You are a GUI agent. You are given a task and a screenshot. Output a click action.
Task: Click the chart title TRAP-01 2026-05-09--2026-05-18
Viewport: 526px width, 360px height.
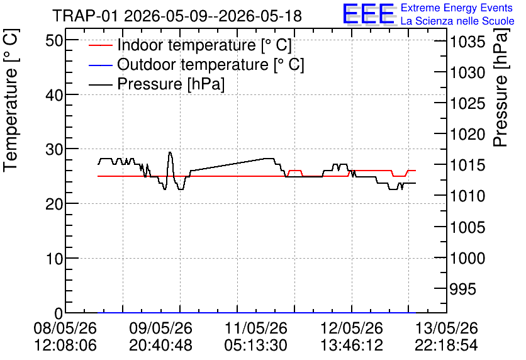coord(177,16)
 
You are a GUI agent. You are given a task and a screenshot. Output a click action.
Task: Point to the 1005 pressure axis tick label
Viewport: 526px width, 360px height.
coord(467,227)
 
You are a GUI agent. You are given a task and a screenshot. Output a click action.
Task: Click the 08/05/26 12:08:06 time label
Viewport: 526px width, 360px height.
coord(65,337)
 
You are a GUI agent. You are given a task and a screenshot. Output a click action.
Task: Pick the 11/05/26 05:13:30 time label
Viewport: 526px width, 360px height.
coord(255,337)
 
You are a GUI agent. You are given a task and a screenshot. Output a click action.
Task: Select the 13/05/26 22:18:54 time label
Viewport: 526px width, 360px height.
coord(446,337)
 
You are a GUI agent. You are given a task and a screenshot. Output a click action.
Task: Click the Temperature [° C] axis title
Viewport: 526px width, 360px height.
coord(11,100)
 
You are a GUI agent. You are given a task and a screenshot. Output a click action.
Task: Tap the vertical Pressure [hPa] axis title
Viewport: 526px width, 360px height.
coord(500,87)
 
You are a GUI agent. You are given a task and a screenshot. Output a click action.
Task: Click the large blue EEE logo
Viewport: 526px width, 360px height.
coord(369,14)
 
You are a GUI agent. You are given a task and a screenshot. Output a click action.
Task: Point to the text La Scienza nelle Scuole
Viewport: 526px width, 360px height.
coord(457,21)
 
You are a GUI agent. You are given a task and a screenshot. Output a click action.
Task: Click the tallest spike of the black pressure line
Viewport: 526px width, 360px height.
coord(170,152)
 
